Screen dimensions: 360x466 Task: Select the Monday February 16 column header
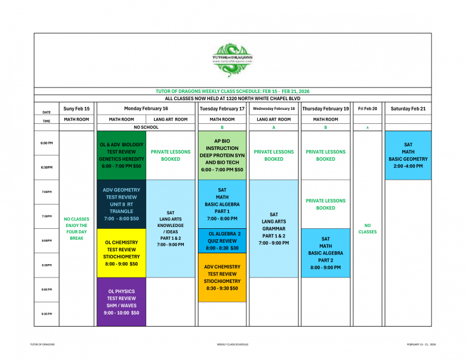pyautogui.click(x=146, y=108)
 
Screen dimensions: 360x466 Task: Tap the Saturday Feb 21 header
pyautogui.click(x=408, y=108)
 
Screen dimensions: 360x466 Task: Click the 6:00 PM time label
pyautogui.click(x=47, y=143)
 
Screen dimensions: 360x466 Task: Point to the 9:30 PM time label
pyautogui.click(x=47, y=314)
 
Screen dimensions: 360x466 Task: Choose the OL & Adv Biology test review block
pyautogui.click(x=121, y=155)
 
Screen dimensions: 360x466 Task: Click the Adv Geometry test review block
pyautogui.click(x=121, y=204)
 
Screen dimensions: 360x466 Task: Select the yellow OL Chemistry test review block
pyautogui.click(x=121, y=253)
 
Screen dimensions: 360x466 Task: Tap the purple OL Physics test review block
pyautogui.click(x=121, y=302)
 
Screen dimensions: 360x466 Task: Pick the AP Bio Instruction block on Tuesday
pyautogui.click(x=222, y=155)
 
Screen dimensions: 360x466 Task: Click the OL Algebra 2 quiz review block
pyautogui.click(x=222, y=240)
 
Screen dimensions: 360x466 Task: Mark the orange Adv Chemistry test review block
pyautogui.click(x=222, y=277)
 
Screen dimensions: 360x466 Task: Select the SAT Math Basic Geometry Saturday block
pyautogui.click(x=408, y=155)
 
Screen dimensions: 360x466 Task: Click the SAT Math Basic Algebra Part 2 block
pyautogui.click(x=325, y=253)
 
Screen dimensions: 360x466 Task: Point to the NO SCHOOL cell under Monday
pyautogui.click(x=146, y=127)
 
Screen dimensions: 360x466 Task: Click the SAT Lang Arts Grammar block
pyautogui.click(x=274, y=228)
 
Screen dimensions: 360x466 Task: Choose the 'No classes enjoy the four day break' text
pyautogui.click(x=76, y=228)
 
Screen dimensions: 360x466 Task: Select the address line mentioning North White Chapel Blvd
pyautogui.click(x=232, y=98)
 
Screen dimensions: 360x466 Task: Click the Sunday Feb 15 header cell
pyautogui.click(x=76, y=108)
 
